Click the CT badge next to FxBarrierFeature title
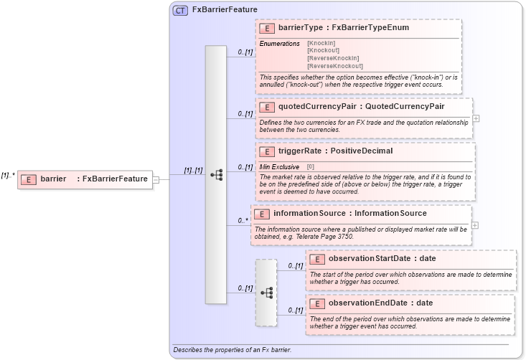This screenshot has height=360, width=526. point(180,10)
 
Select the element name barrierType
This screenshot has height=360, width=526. point(301,28)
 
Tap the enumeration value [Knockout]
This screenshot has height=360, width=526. point(324,51)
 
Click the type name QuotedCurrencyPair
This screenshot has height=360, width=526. point(405,107)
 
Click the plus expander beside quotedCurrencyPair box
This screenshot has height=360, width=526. point(476,118)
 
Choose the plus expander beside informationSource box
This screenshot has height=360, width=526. point(475,225)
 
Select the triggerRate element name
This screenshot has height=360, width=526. point(299,151)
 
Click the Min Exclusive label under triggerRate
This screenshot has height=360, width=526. point(280,166)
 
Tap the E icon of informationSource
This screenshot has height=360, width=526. point(262,214)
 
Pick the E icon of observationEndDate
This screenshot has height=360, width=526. point(316,303)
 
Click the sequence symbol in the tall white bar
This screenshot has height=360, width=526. point(216,174)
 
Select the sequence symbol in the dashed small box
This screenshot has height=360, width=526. point(266,293)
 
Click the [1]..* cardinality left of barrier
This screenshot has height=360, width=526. point(9,174)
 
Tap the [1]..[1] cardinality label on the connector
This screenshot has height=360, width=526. point(193,171)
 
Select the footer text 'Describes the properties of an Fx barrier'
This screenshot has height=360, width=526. point(232,350)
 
